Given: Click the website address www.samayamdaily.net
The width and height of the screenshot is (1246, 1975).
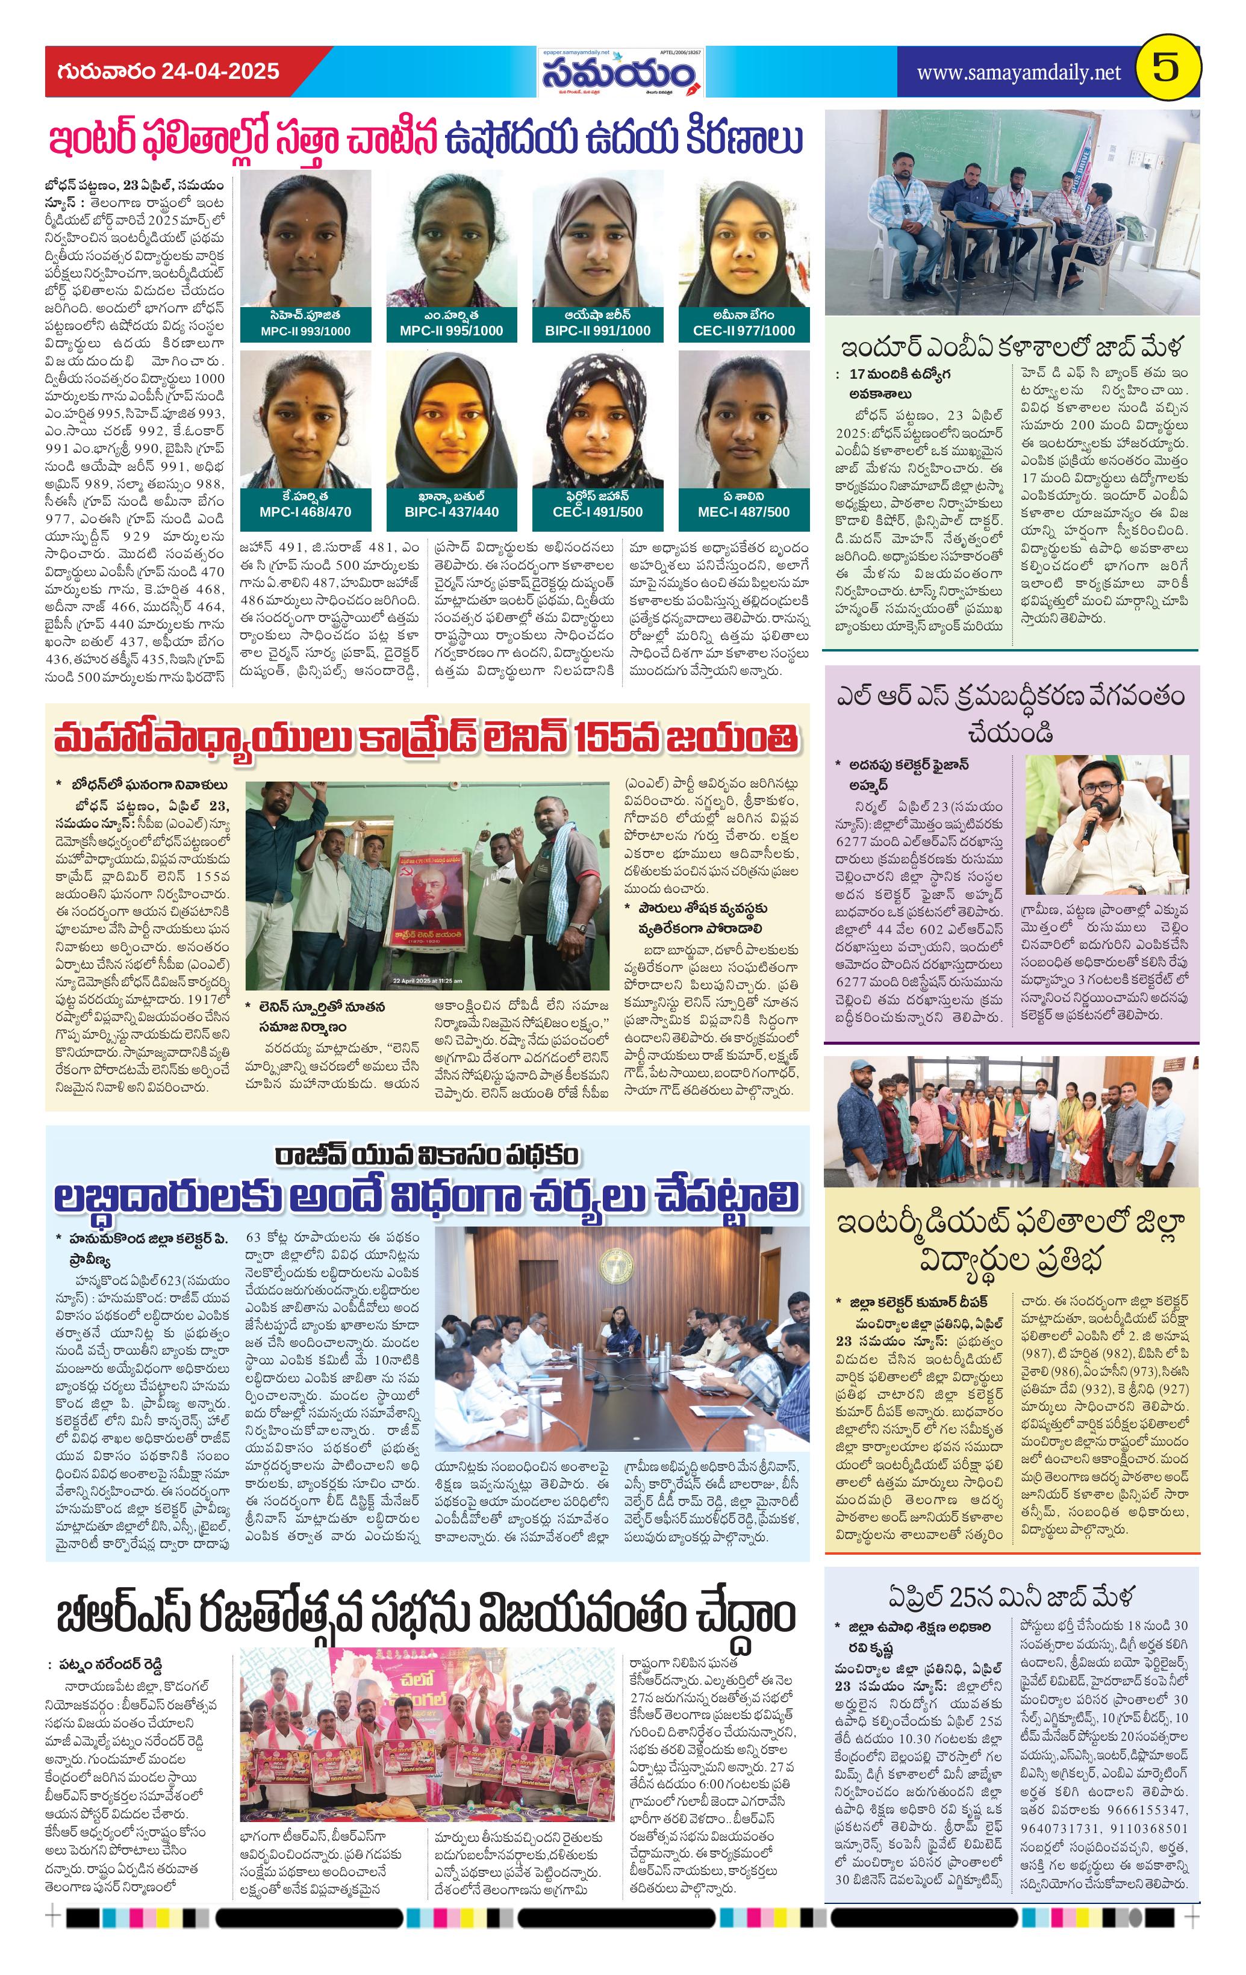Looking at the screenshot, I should (x=1018, y=73).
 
